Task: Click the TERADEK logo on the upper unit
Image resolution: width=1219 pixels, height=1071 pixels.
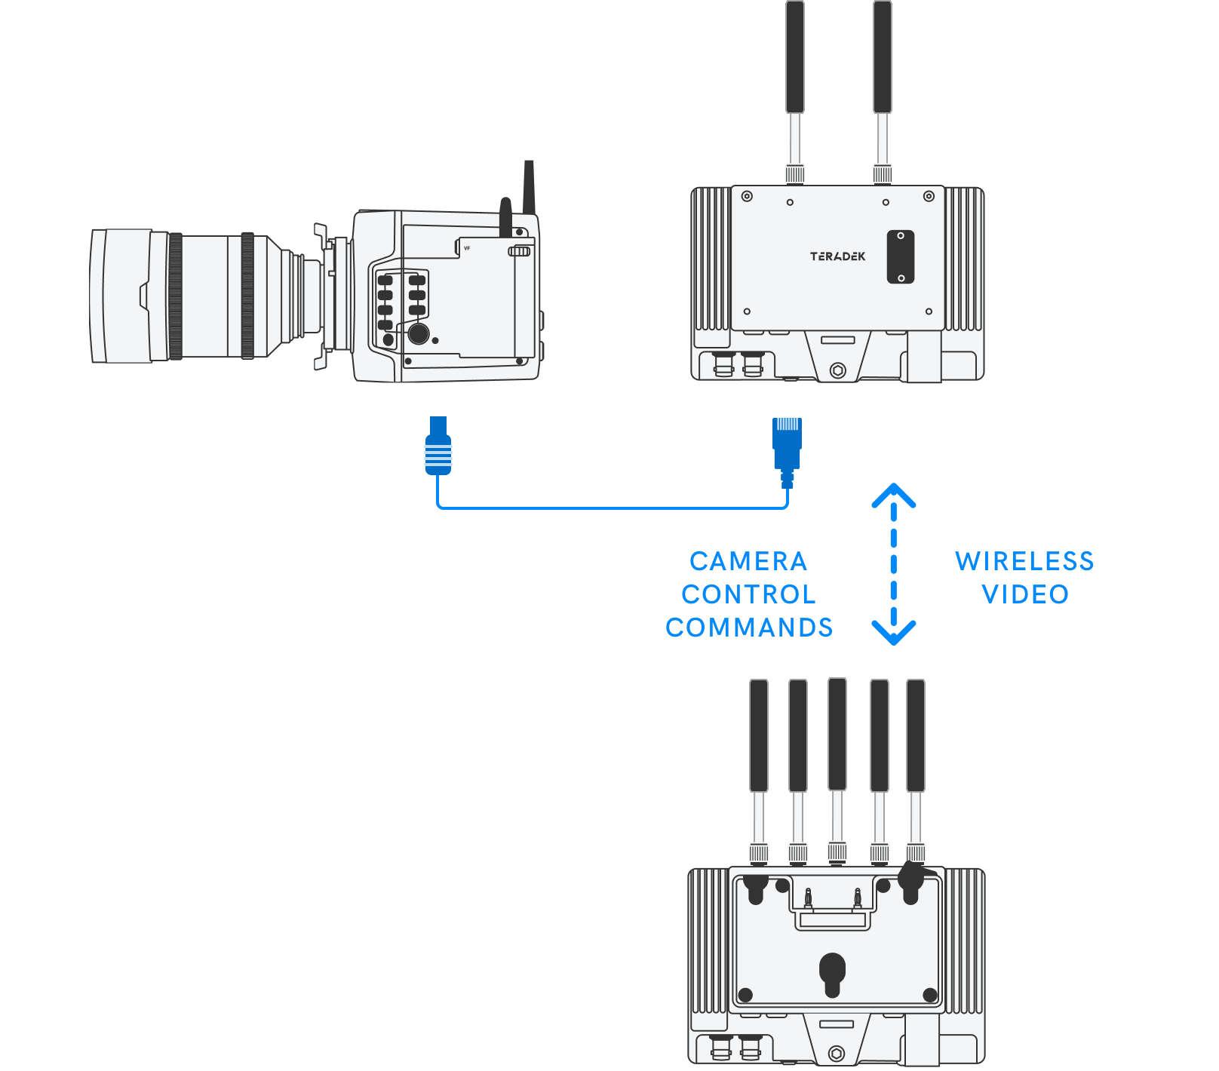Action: [x=837, y=256]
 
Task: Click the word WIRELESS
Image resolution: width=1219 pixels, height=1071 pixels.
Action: [x=1024, y=561]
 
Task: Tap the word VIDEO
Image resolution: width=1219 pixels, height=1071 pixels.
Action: [x=1025, y=594]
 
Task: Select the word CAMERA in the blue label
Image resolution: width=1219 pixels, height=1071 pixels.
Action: [x=748, y=561]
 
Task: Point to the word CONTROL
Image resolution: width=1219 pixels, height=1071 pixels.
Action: [x=748, y=594]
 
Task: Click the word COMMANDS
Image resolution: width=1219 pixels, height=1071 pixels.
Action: [x=749, y=628]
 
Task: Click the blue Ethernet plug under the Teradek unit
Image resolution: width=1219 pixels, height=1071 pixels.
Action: [x=787, y=445]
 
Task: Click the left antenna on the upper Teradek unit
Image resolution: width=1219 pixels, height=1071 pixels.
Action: [x=795, y=60]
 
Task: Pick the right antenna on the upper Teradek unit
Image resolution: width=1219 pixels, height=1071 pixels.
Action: [x=883, y=60]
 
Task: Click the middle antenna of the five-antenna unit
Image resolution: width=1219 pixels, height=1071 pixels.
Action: [x=837, y=735]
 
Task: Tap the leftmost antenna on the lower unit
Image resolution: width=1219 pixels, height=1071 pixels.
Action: [x=759, y=735]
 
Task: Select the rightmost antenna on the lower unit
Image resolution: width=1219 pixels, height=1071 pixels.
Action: [x=916, y=735]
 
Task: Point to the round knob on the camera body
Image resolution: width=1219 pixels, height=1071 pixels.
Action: [x=418, y=333]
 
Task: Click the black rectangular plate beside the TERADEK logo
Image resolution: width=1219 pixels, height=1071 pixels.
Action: [x=901, y=257]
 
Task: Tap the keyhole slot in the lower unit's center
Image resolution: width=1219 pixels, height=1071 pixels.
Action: [x=832, y=973]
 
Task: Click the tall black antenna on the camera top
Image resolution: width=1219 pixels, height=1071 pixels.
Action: [x=529, y=186]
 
